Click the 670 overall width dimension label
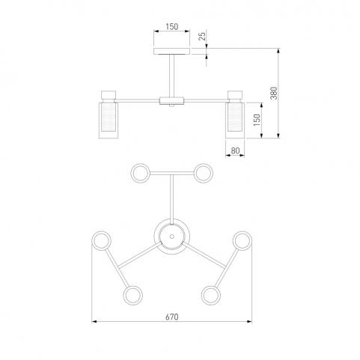pos(172,317)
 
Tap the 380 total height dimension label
pos(274,94)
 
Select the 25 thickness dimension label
pos(203,37)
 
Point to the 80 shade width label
pos(235,150)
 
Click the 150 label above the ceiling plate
pos(172,27)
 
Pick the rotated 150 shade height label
pos(257,120)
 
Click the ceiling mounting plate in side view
pos(172,52)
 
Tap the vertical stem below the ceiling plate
pos(171,76)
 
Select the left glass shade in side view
pos(109,120)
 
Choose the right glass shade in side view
pos(235,120)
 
